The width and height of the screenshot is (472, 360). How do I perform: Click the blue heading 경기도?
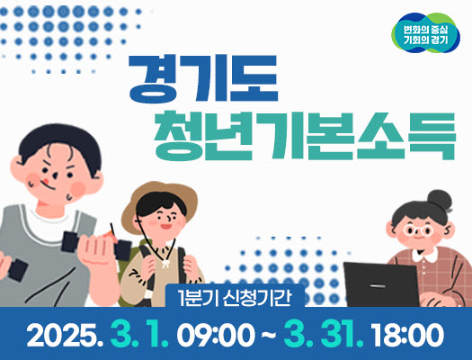pyautogui.click(x=203, y=78)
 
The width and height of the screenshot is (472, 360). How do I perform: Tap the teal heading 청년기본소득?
pyautogui.click(x=305, y=137)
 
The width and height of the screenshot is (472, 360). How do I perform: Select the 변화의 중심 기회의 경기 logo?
pyautogui.click(x=425, y=32)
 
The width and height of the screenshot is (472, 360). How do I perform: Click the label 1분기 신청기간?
pyautogui.click(x=235, y=298)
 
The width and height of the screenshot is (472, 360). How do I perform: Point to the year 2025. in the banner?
pyautogui.click(x=65, y=336)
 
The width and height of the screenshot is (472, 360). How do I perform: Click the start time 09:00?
pyautogui.click(x=216, y=336)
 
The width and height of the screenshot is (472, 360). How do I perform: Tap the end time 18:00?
pyautogui.click(x=407, y=336)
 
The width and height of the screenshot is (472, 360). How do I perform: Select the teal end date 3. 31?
pyautogui.click(x=324, y=336)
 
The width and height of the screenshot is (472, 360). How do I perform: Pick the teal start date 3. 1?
pyautogui.click(x=139, y=336)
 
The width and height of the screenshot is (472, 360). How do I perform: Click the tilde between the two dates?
pyautogui.click(x=269, y=336)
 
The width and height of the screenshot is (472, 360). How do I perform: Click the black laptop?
pyautogui.click(x=381, y=284)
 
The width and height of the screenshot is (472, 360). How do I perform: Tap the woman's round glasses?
pyautogui.click(x=418, y=230)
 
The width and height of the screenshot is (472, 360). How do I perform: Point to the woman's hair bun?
pyautogui.click(x=440, y=201)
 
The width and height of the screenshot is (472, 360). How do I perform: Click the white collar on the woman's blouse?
pyautogui.click(x=424, y=256)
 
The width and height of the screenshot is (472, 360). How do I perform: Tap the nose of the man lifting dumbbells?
pyautogui.click(x=55, y=175)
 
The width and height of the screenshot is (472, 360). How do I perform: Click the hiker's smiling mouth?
pyautogui.click(x=166, y=226)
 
